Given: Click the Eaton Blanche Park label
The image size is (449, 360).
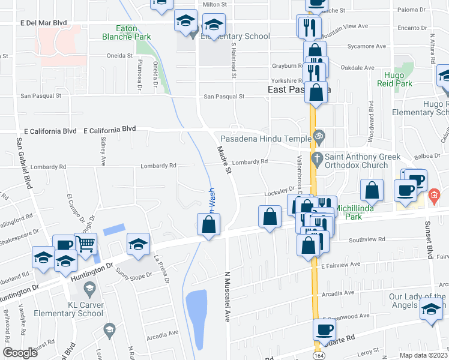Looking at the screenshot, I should click(133, 32).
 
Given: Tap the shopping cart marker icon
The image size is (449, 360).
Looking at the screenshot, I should click(86, 243).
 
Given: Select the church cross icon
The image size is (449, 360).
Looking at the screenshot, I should click(318, 160).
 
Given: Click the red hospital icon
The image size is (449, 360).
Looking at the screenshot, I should click(435, 196).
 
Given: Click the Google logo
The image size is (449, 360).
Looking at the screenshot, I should click(20, 353).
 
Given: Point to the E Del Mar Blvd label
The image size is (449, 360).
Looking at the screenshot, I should click(43, 23).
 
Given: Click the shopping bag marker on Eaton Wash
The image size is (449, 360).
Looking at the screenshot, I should click(208, 224).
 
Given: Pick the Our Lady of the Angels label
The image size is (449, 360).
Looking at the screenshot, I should click(414, 301).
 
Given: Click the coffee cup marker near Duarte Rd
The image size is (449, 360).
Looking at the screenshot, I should click(324, 328).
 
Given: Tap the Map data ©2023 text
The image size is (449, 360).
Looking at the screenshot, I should click(422, 355).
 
